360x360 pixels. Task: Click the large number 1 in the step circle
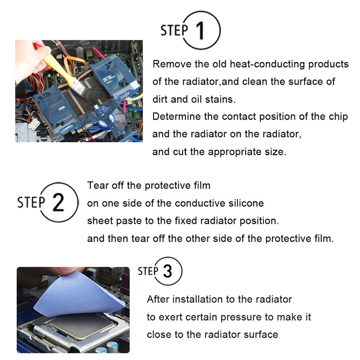pos(201,31)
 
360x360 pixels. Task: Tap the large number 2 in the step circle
pos(58,203)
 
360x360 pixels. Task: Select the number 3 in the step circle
pos(167,271)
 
